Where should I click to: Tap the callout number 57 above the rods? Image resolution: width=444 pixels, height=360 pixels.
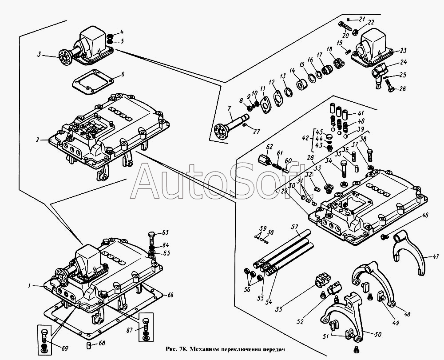(x=293, y=227)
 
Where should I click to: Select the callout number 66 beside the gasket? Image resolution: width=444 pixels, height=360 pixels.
(x=170, y=295)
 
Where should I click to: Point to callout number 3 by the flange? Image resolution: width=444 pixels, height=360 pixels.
(x=39, y=55)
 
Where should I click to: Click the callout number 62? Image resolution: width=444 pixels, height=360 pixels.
(x=269, y=146)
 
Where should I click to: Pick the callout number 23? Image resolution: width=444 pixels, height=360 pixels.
(x=403, y=50)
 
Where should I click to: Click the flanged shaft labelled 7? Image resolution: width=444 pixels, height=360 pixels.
(x=231, y=125)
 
